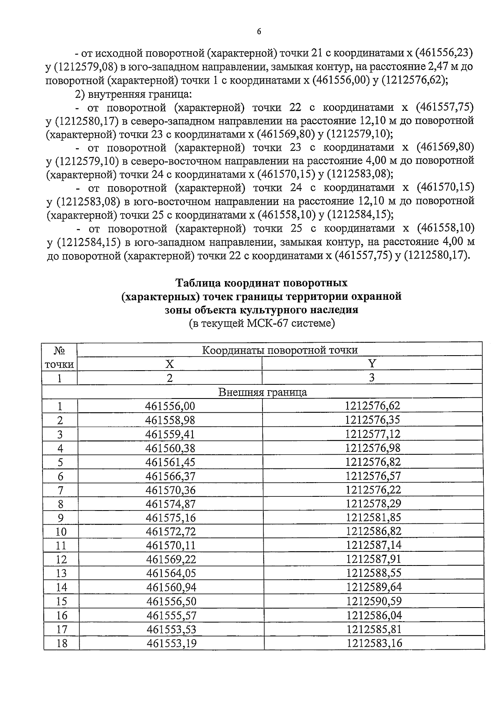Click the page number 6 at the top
click(x=259, y=32)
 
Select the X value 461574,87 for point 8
click(x=170, y=504)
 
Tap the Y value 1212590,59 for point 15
click(x=374, y=601)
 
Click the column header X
click(x=170, y=364)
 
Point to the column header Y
click(x=372, y=364)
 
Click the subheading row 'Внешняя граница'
click(x=262, y=392)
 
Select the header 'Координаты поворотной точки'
click(x=280, y=350)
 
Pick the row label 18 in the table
click(x=61, y=643)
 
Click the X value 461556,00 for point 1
click(x=170, y=406)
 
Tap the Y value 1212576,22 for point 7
click(x=373, y=490)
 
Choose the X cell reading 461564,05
click(x=171, y=573)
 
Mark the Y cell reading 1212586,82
click(x=373, y=531)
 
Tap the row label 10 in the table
click(x=61, y=532)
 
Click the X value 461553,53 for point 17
click(x=171, y=629)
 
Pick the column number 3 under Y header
click(x=372, y=378)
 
